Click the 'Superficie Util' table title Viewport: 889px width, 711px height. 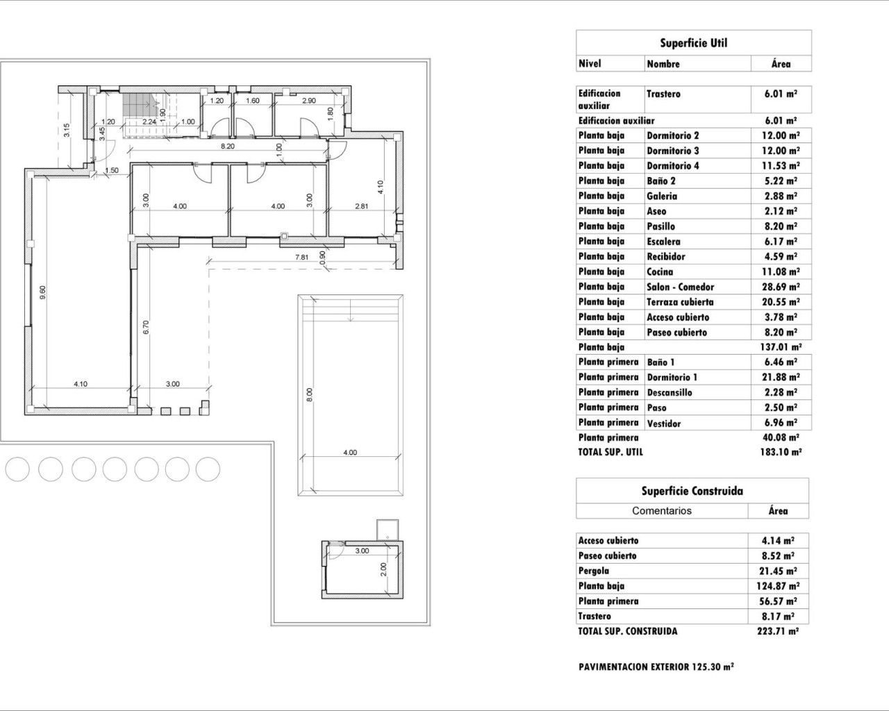(x=693, y=43)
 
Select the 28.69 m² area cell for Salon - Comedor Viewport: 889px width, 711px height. (x=781, y=287)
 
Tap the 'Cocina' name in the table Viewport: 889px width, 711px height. (x=660, y=272)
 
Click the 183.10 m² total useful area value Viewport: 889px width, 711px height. (x=781, y=452)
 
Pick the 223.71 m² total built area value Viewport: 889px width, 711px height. (x=777, y=631)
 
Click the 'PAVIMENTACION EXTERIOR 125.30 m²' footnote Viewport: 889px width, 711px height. (x=656, y=667)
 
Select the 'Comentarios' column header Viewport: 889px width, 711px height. (x=661, y=511)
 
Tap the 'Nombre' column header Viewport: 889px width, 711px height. (x=663, y=64)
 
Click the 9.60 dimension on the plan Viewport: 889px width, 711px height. (x=43, y=292)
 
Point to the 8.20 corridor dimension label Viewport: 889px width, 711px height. (x=227, y=147)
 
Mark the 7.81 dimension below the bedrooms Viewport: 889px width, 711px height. (x=301, y=258)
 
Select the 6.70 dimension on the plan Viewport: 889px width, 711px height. (x=146, y=327)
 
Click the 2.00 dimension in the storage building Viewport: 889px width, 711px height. (x=383, y=569)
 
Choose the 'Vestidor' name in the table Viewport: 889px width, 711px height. (x=664, y=423)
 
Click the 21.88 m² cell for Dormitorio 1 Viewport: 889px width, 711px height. (x=781, y=377)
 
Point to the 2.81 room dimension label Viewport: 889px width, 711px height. (x=361, y=206)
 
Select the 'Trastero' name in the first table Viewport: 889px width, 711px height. (x=663, y=94)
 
